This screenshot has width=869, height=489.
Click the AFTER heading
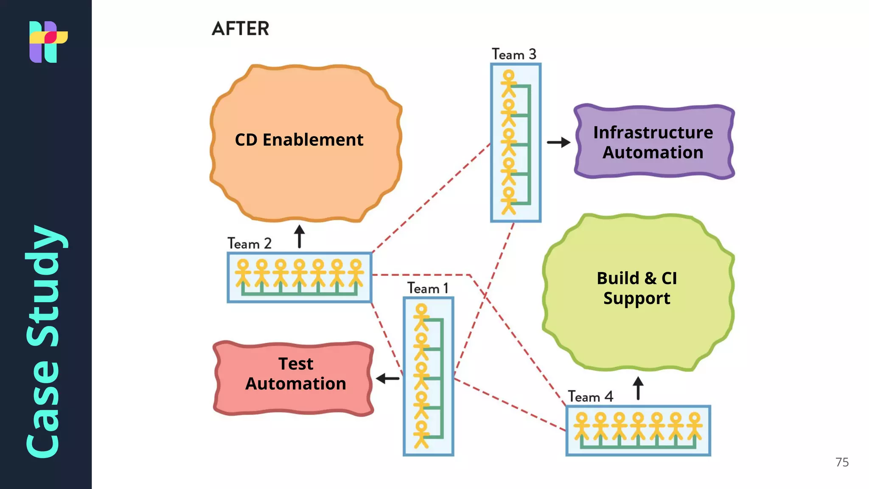[240, 29]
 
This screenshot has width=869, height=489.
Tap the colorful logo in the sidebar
[48, 42]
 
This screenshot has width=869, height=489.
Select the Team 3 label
[514, 54]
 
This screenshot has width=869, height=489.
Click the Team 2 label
[249, 243]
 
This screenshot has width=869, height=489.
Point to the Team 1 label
[428, 288]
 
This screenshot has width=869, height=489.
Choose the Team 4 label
[590, 396]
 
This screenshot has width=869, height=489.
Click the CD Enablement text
[299, 140]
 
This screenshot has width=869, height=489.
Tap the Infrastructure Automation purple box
[653, 142]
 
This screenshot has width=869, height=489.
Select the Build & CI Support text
[636, 288]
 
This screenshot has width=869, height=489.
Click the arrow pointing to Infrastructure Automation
[558, 142]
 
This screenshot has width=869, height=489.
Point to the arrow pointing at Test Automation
[388, 378]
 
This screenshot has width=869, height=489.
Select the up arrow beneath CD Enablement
[299, 236]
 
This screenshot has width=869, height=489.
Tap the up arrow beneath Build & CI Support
[638, 388]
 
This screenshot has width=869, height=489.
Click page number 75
[842, 462]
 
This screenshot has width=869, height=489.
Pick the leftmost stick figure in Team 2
[243, 273]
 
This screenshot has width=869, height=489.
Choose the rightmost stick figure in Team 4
[695, 426]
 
